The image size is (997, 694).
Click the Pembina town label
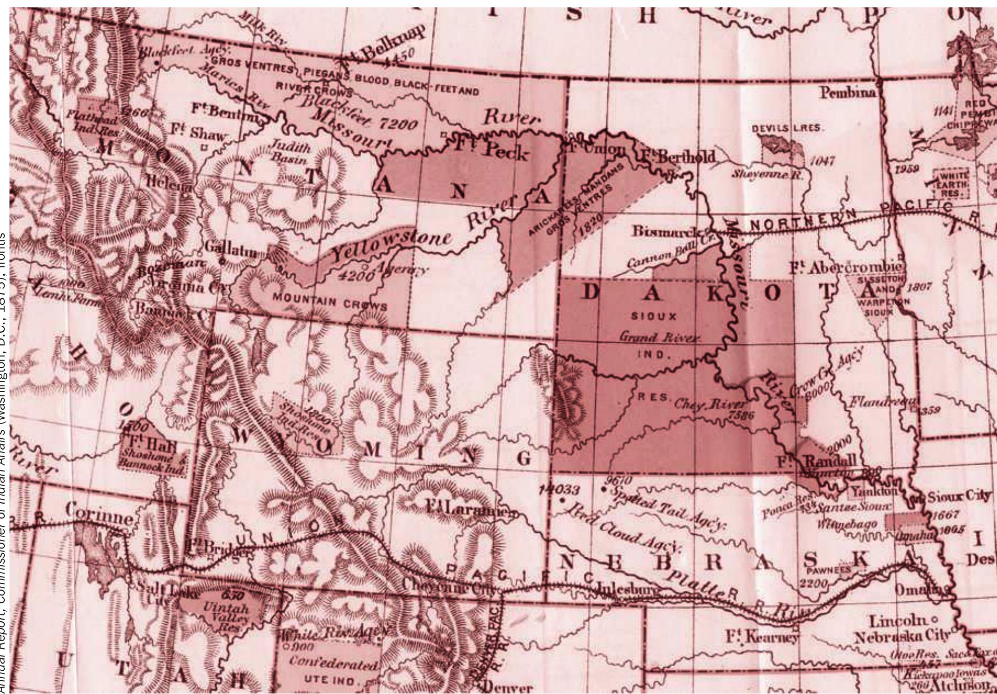click(847, 93)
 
